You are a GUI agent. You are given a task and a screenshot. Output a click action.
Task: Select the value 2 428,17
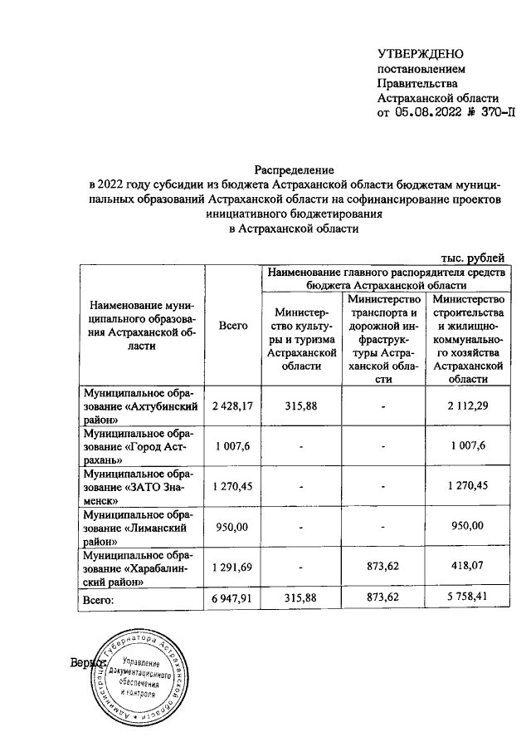click(x=232, y=405)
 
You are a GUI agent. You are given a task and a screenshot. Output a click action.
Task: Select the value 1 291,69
click(x=232, y=568)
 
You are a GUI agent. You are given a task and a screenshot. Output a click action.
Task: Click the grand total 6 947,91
click(x=232, y=598)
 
